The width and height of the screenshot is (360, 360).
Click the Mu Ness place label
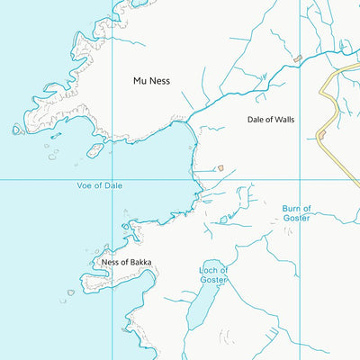tap(151, 81)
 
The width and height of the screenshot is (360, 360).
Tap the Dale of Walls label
tap(271, 119)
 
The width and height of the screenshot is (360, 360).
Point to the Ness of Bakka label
tap(127, 263)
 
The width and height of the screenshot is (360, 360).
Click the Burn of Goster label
tap(296, 212)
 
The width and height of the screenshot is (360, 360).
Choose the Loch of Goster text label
tap(213, 274)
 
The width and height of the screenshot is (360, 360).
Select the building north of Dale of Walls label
tap(297, 58)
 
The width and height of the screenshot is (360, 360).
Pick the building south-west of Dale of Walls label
tap(219, 167)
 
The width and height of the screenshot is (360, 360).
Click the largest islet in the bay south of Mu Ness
tap(94, 149)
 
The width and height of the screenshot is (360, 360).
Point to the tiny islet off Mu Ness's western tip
tap(17, 130)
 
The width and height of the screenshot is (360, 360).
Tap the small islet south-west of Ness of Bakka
tap(70, 292)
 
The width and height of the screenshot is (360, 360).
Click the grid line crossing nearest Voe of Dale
tap(112, 179)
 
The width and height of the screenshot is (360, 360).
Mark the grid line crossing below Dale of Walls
tap(299, 179)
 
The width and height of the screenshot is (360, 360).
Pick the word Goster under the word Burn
tap(296, 218)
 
